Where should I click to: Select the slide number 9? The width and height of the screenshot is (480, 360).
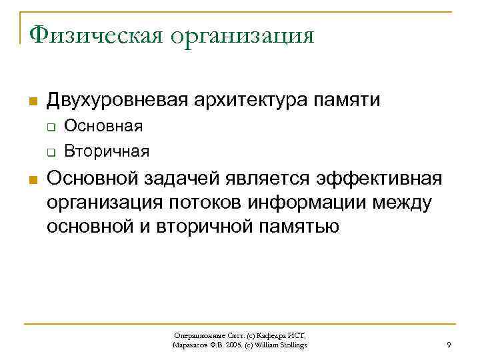(448, 345)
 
